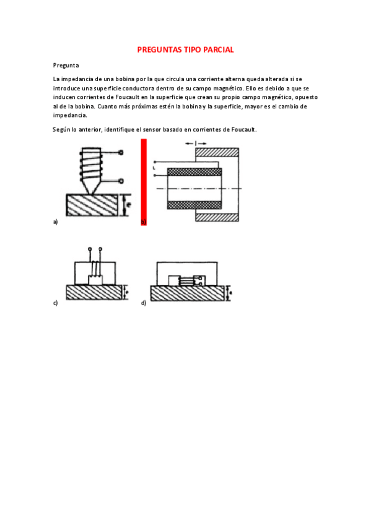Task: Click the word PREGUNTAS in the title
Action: click(x=160, y=50)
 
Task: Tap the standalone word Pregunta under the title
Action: click(x=66, y=65)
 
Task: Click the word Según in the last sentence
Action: click(x=61, y=129)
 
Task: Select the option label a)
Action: click(x=56, y=221)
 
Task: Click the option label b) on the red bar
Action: click(x=144, y=221)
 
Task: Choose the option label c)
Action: click(x=56, y=303)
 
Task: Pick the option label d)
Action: click(x=144, y=303)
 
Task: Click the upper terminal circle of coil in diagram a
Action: click(x=121, y=153)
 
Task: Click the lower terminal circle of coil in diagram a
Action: click(x=121, y=181)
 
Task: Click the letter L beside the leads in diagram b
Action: click(x=152, y=168)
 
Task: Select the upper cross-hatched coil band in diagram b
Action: click(x=194, y=171)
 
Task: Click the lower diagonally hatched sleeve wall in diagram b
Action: click(x=217, y=217)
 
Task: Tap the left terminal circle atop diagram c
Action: click(x=91, y=249)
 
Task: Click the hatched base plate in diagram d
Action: click(x=186, y=293)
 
